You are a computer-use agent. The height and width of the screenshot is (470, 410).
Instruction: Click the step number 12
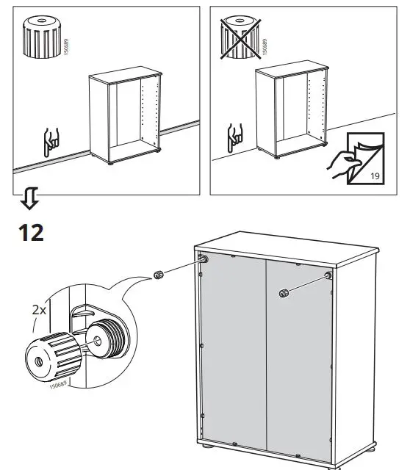click(x=30, y=232)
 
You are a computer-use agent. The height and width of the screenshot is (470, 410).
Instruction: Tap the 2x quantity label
click(x=40, y=310)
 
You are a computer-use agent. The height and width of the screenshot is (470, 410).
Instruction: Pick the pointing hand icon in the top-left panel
click(x=51, y=139)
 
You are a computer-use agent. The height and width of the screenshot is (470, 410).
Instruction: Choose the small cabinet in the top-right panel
click(x=290, y=112)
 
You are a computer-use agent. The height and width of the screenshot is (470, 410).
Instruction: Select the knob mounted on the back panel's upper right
click(x=283, y=294)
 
